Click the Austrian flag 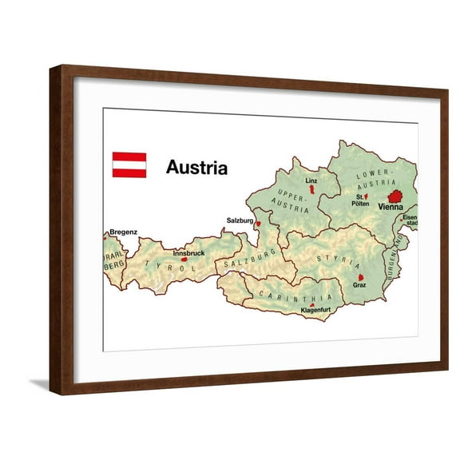pyautogui.click(x=129, y=165)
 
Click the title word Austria pyautogui.click(x=196, y=168)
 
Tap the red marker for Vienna pyautogui.click(x=394, y=196)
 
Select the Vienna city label pyautogui.click(x=391, y=207)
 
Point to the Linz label pyautogui.click(x=311, y=181)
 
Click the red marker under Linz pyautogui.click(x=311, y=190)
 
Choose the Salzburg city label pyautogui.click(x=240, y=220)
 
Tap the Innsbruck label pyautogui.click(x=188, y=253)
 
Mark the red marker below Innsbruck pyautogui.click(x=184, y=260)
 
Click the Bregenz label pyautogui.click(x=124, y=232)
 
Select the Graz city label pyautogui.click(x=359, y=285)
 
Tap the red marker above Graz pyautogui.click(x=360, y=277)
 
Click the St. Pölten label pyautogui.click(x=360, y=200)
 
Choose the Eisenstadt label pyautogui.click(x=409, y=220)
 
